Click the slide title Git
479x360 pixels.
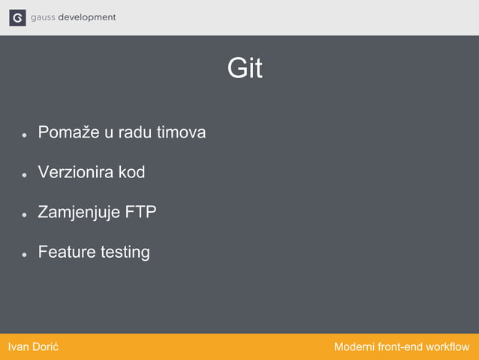245,69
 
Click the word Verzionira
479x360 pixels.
76,173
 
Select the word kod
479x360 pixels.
131,173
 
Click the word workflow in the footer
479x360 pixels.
447,347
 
